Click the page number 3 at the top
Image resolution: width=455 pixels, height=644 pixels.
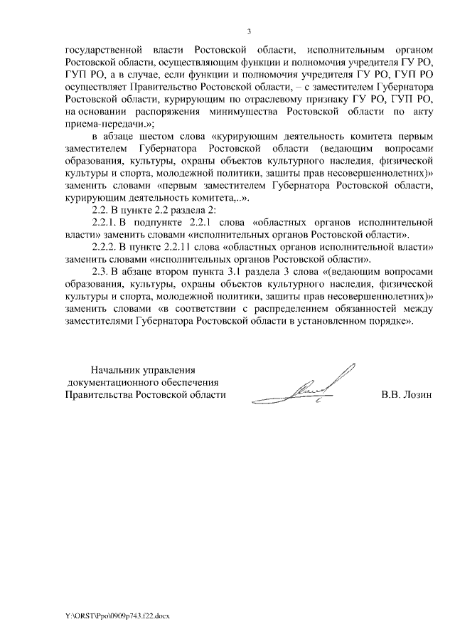[x=249, y=31]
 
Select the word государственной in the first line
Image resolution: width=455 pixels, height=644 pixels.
[x=100, y=51]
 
